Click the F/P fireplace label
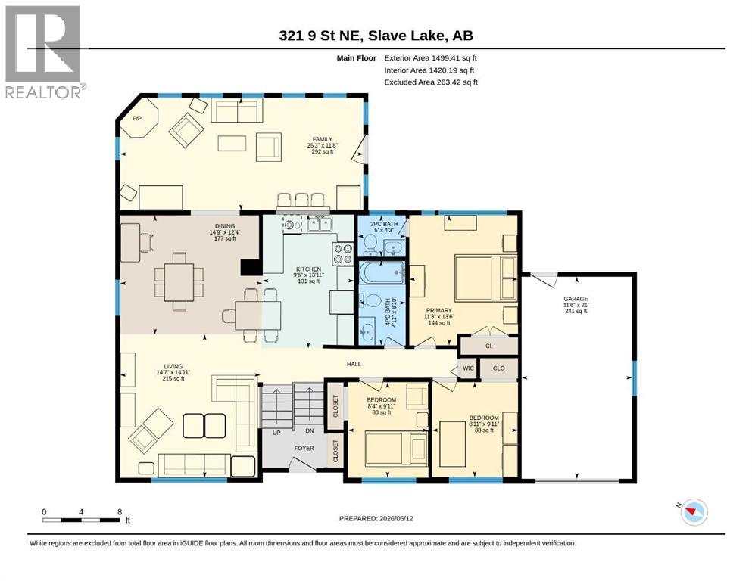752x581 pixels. [136, 118]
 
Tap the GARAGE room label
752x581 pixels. [576, 298]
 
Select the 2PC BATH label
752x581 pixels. [384, 224]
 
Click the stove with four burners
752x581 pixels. [343, 254]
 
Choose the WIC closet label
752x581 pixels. [468, 368]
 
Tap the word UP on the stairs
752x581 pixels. [276, 433]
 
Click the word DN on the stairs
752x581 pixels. [310, 430]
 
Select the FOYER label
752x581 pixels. [304, 448]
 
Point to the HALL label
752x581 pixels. [354, 364]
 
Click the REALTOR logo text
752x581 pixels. [45, 92]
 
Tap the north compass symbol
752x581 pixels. [694, 511]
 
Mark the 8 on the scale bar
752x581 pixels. [120, 511]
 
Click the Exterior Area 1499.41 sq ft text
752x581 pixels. [430, 58]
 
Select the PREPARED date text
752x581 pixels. [376, 518]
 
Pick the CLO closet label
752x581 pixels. [499, 368]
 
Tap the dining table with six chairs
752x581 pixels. [179, 282]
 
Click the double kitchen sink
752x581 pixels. [320, 224]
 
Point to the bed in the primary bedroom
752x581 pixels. [485, 278]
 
